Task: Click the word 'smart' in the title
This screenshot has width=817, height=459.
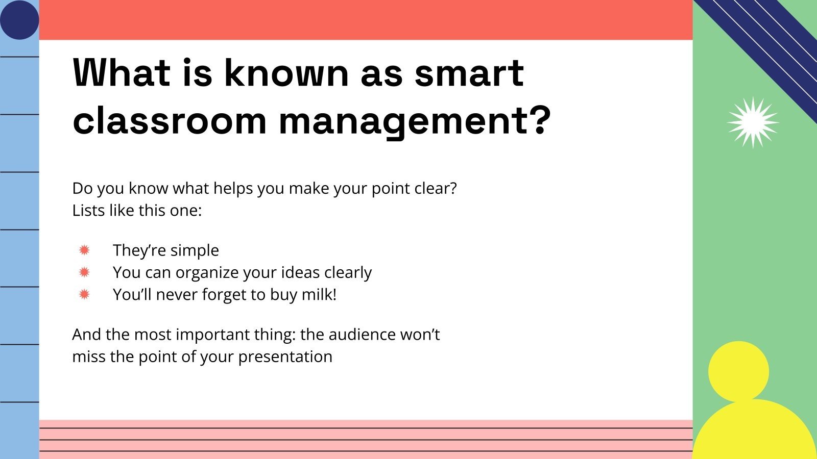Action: (469, 72)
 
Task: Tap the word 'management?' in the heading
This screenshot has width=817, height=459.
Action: (415, 121)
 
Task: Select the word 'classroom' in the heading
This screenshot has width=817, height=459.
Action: (170, 121)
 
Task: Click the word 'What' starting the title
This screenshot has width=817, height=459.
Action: (122, 72)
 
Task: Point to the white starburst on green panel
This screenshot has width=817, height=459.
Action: (753, 122)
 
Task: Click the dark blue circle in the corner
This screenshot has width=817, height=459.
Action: (19, 19)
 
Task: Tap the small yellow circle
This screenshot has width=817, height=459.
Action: (738, 371)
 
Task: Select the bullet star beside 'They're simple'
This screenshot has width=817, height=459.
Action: (84, 250)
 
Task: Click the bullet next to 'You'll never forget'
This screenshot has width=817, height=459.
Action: (84, 294)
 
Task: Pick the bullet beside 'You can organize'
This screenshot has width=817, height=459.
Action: (84, 272)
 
